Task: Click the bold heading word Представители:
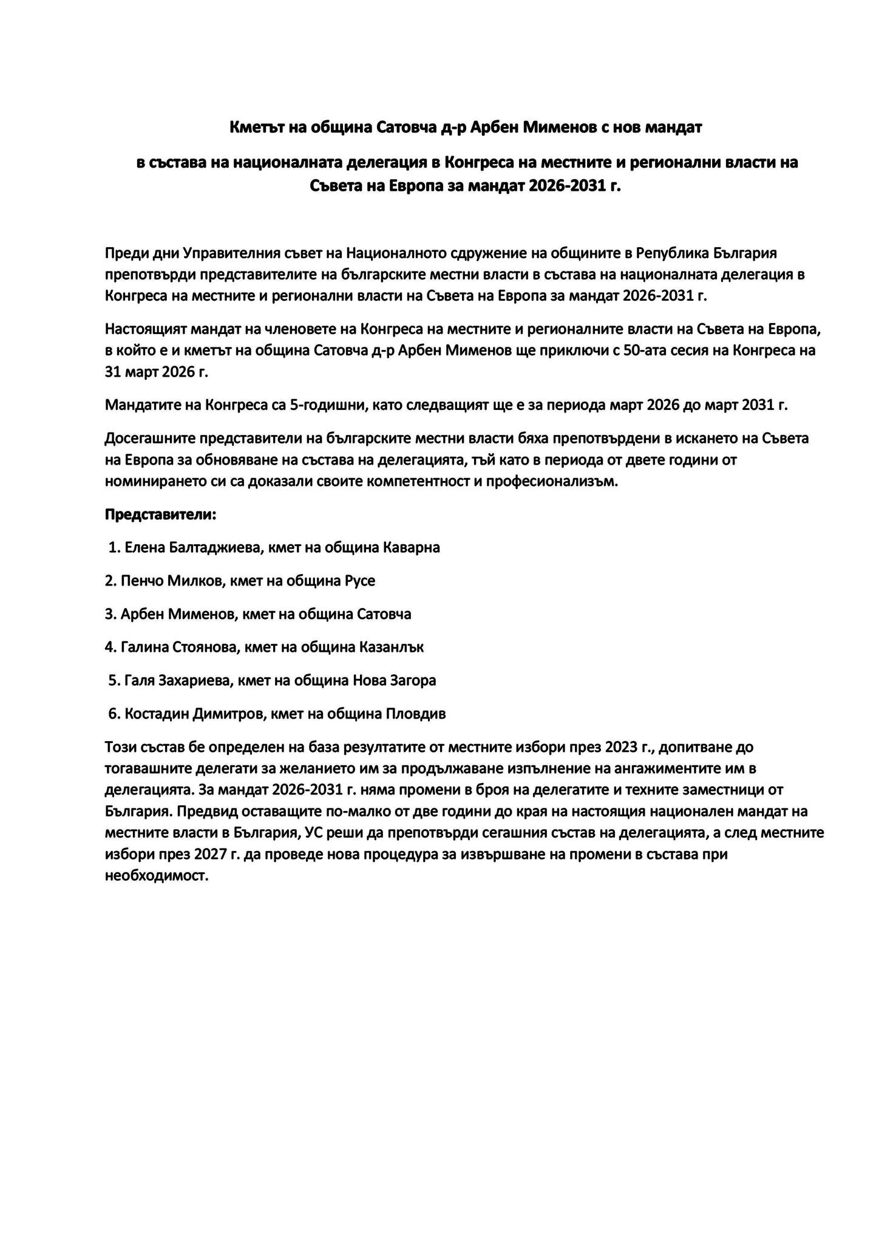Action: tap(160, 514)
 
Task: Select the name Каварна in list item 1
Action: tap(412, 547)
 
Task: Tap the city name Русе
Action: tap(360, 581)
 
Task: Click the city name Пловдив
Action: tap(416, 714)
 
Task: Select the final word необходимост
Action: tap(157, 877)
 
